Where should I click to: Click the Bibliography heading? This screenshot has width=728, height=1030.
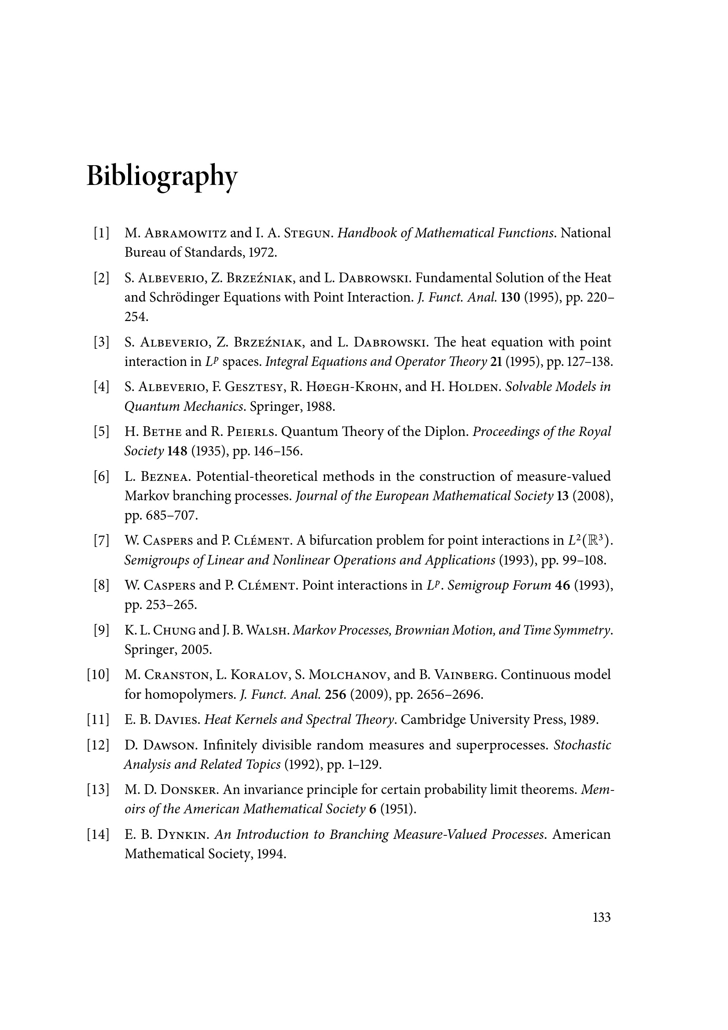coord(162,176)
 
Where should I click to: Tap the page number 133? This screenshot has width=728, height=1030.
coord(602,917)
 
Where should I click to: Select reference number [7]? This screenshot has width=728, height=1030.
coord(101,541)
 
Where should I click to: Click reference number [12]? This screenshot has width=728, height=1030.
coord(98,745)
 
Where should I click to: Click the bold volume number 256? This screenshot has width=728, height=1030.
coord(335,694)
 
